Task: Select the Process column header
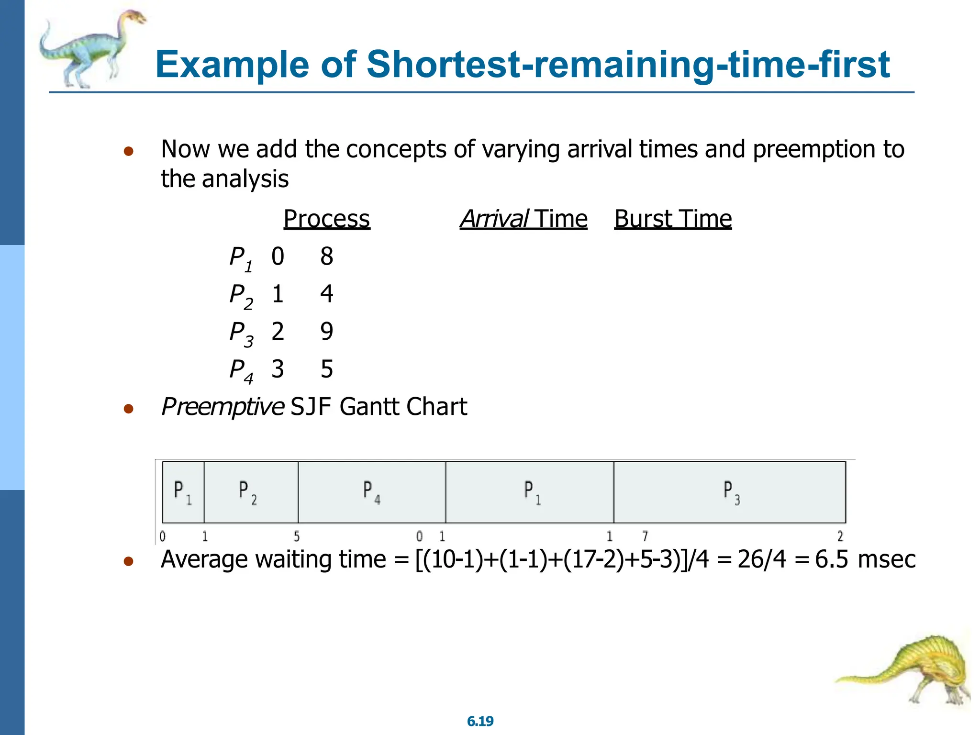(326, 219)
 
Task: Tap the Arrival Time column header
(523, 219)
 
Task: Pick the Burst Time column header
(672, 219)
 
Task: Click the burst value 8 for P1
(326, 256)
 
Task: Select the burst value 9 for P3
(326, 332)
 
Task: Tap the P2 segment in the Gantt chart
(250, 492)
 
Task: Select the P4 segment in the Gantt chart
(371, 492)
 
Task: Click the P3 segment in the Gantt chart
(730, 492)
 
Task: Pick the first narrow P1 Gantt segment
(183, 492)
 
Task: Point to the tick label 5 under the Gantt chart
(297, 536)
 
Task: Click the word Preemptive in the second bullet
(223, 407)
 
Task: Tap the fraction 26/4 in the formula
(761, 559)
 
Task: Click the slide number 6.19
(480, 721)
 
